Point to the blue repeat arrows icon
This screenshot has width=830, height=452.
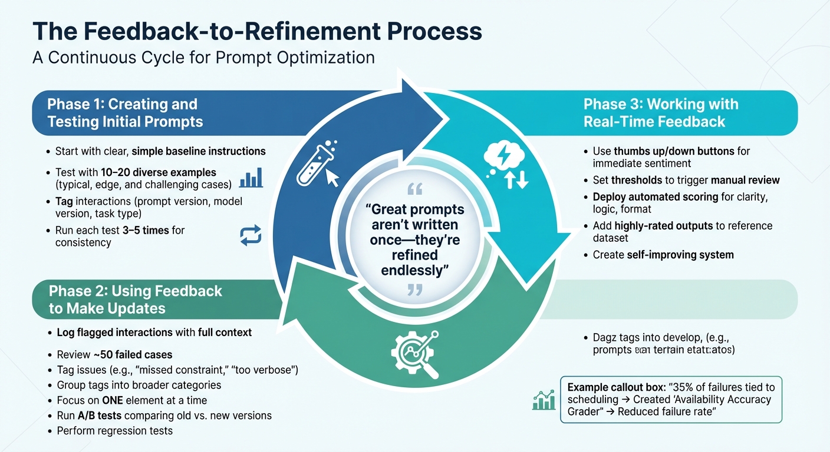pyautogui.click(x=251, y=235)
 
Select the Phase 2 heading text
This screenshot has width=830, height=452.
pyautogui.click(x=136, y=300)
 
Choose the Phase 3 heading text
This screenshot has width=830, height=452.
pyautogui.click(x=660, y=113)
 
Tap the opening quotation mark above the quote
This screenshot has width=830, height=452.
pyautogui.click(x=414, y=190)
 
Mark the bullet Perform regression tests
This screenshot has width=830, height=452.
pyautogui.click(x=115, y=431)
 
